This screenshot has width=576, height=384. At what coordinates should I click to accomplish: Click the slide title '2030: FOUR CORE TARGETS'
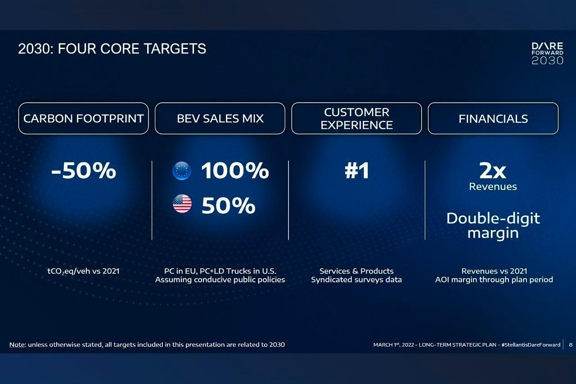coord(112,49)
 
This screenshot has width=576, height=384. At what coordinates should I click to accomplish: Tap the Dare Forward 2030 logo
coord(548,54)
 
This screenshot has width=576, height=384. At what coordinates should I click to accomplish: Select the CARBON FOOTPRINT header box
coord(84,118)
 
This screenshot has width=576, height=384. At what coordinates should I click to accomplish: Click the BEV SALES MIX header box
coord(220,118)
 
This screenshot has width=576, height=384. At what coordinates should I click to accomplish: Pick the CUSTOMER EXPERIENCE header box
coord(357,118)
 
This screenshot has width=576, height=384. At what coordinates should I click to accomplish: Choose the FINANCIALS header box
coord(493,118)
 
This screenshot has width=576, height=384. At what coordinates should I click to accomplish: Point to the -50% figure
coord(84,170)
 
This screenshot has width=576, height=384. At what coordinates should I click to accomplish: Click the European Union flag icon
coord(182,171)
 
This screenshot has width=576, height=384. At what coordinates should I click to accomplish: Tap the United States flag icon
coord(182,203)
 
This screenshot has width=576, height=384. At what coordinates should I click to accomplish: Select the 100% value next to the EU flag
coord(235,170)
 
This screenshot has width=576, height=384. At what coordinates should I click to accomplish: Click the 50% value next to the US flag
coord(228,205)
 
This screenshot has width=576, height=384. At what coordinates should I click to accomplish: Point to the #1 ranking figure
coord(357,170)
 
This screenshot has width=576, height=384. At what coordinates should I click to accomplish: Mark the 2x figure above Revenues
coord(493,171)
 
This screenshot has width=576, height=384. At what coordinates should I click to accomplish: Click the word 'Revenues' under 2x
coord(493,186)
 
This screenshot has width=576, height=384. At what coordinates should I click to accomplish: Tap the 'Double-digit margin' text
coord(493,226)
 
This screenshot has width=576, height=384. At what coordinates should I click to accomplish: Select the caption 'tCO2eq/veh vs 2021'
coord(84,271)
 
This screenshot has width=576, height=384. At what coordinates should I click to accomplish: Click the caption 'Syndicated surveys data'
coord(356,280)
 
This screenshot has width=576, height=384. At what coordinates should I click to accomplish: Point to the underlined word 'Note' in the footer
coord(17,345)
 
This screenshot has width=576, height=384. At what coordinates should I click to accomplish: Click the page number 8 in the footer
coord(571,345)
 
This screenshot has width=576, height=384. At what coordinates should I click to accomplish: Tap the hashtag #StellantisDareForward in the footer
coord(531,345)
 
